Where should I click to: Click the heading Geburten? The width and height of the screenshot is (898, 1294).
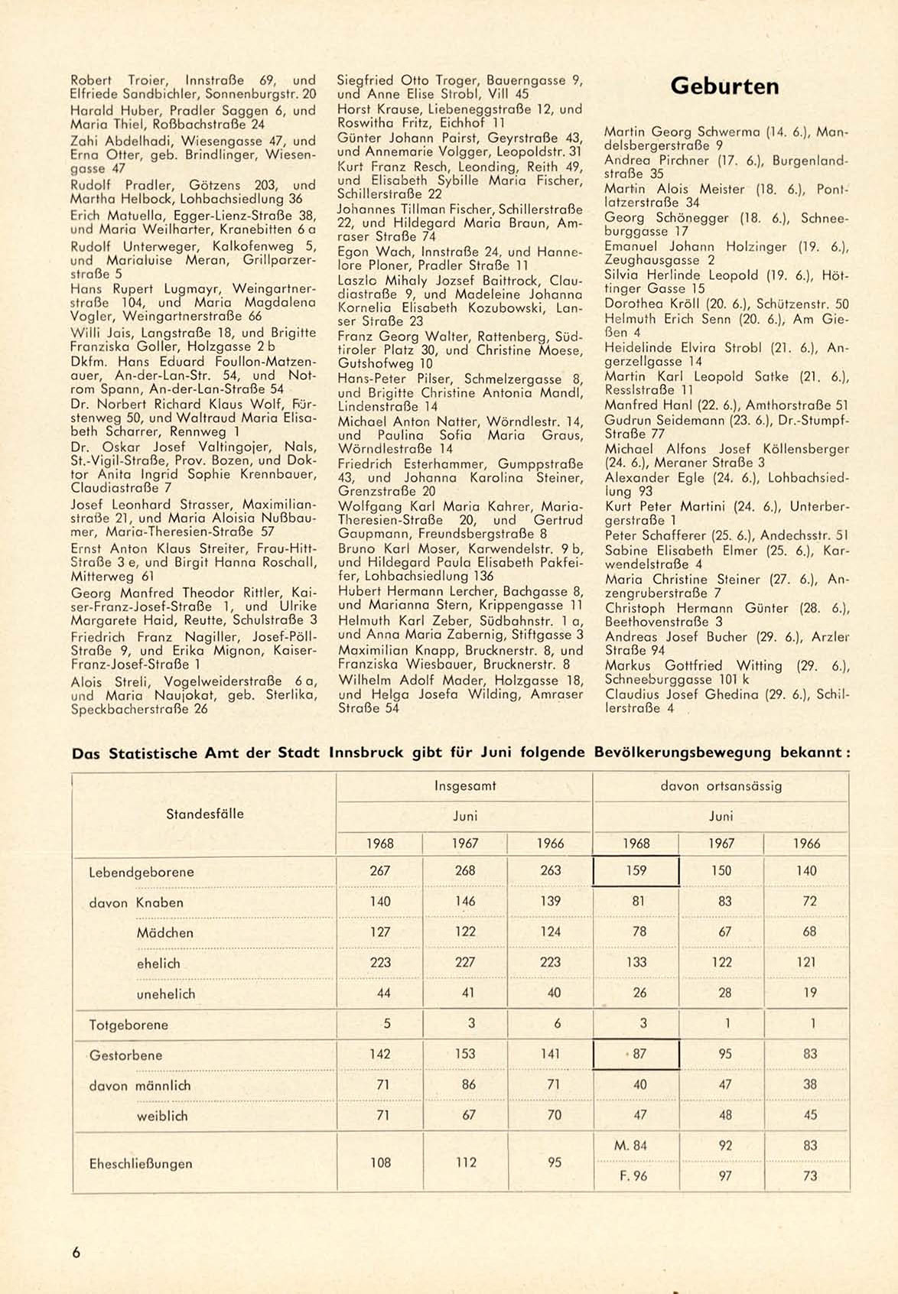(724, 86)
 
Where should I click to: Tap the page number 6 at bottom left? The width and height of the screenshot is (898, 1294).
(76, 1253)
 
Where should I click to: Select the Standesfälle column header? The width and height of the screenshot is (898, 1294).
(204, 814)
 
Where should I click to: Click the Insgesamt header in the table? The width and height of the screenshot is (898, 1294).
(465, 785)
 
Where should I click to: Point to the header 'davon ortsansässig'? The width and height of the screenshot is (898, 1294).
(721, 785)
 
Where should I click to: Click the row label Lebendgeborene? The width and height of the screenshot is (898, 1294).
(142, 872)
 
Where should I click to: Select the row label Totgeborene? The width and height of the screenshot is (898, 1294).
(129, 1025)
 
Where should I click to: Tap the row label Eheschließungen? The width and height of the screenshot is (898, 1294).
(141, 1164)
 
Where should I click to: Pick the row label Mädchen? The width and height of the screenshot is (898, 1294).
(164, 933)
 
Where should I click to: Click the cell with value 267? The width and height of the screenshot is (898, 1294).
(380, 870)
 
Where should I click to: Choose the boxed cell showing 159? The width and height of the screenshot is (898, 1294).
(636, 870)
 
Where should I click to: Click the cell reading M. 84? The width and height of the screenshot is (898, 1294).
(630, 1146)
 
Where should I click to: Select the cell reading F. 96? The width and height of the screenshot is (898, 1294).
(633, 1176)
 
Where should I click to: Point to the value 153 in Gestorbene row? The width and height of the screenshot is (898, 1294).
(465, 1054)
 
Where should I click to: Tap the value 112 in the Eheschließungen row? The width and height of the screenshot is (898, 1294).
(465, 1162)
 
